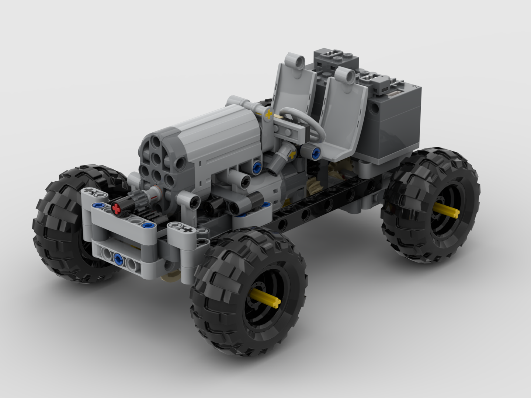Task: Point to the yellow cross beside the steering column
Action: (x=270, y=114)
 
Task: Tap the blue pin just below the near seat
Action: (x=315, y=152)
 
